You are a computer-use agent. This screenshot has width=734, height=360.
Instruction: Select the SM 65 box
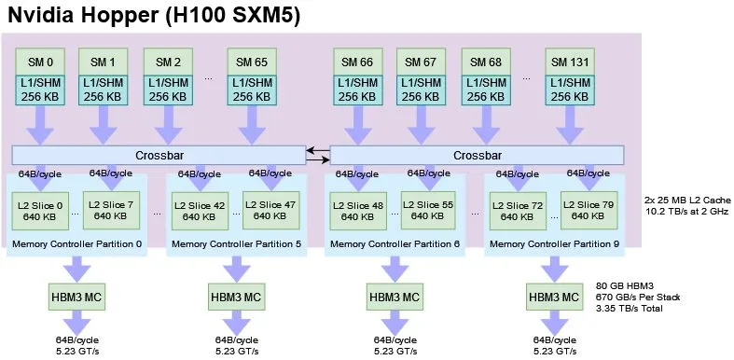point(252,62)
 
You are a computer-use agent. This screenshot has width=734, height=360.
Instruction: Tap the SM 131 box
point(570,62)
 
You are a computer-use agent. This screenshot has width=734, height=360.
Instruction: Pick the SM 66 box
point(357,62)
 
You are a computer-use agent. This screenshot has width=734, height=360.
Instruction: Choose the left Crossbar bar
point(159,155)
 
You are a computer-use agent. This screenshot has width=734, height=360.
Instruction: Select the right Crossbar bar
point(477,155)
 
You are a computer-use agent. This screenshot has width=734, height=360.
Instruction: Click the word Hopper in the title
point(124,16)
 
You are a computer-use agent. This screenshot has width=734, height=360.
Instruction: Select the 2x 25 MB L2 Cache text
point(686,201)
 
